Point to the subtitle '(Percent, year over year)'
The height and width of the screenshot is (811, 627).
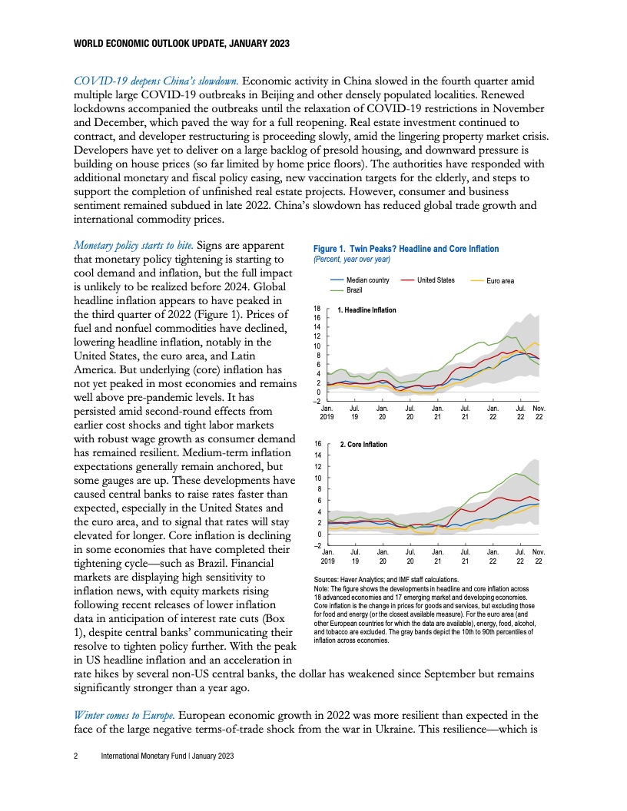[353, 259]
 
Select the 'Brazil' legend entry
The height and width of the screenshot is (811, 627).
[353, 290]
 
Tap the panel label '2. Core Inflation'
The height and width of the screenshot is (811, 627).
[363, 445]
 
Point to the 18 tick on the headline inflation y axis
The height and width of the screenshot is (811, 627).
[317, 308]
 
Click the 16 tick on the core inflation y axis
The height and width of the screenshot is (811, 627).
[317, 444]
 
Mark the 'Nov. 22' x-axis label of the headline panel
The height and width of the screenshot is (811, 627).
[539, 412]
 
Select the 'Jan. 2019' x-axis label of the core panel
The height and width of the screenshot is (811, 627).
[327, 557]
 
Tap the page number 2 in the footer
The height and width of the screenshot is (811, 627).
[75, 756]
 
